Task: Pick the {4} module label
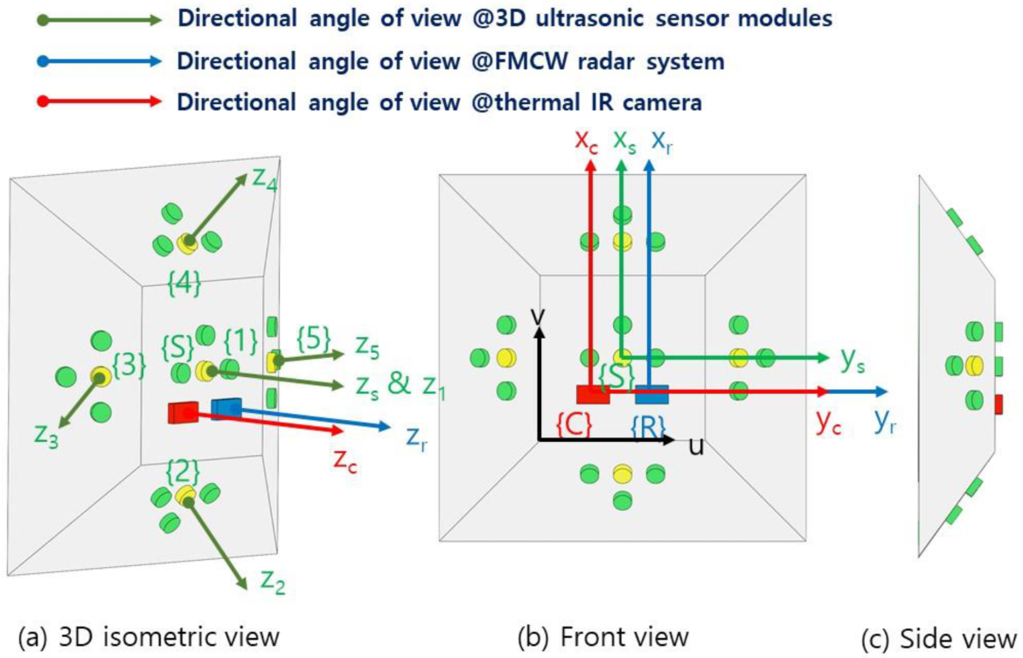[184, 282]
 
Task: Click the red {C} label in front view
[574, 425]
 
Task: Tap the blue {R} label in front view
[648, 426]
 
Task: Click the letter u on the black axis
[697, 446]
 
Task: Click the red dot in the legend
[44, 101]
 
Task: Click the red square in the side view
[999, 403]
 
